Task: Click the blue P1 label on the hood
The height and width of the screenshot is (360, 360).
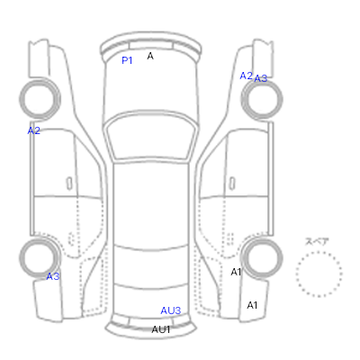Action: coord(127,60)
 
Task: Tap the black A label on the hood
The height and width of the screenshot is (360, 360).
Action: coord(150,56)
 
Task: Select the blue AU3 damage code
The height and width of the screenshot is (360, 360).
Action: coord(171,310)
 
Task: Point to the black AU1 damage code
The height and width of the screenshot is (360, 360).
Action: coord(161,329)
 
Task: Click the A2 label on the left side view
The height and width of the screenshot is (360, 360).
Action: coord(33,130)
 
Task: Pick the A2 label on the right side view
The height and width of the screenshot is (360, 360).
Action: coord(246,76)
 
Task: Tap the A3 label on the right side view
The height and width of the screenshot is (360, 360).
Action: coord(260,78)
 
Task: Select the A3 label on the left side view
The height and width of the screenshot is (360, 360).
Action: coord(53,276)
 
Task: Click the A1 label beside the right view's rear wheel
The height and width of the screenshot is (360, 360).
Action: coord(236,272)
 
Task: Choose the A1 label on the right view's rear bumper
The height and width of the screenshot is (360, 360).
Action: coord(252,305)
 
